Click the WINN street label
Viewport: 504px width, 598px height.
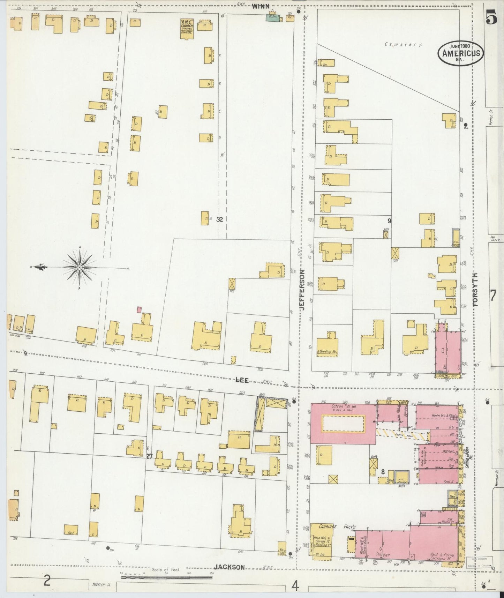click(261, 6)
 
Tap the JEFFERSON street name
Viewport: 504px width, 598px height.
click(302, 290)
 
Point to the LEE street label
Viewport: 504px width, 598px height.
click(242, 380)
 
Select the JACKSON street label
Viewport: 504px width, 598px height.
click(230, 567)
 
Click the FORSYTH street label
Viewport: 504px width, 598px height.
click(475, 290)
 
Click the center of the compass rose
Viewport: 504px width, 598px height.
click(80, 268)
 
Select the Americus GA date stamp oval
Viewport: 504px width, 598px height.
click(461, 53)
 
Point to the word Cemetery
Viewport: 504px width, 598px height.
click(404, 45)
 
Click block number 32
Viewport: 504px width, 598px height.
click(219, 219)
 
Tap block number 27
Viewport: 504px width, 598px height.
click(150, 456)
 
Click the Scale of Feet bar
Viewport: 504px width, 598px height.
click(167, 577)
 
